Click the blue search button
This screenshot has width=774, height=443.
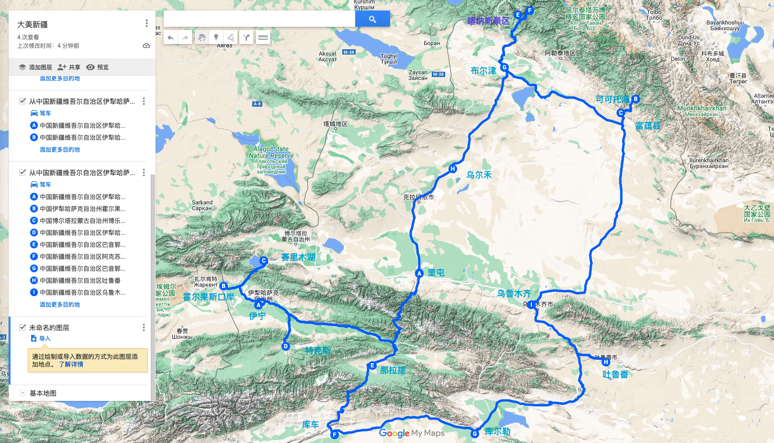[372, 19]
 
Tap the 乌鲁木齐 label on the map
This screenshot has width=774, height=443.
[514, 293]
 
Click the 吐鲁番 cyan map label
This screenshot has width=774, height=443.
[615, 375]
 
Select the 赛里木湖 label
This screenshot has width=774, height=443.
[298, 257]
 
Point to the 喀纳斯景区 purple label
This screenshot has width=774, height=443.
[488, 21]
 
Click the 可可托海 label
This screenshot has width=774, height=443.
[612, 100]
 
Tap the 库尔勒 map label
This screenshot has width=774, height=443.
[497, 432]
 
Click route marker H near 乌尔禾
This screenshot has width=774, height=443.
[453, 169]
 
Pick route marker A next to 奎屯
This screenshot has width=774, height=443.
[419, 274]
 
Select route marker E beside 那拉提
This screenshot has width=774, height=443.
[372, 365]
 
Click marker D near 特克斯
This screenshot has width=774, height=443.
[286, 346]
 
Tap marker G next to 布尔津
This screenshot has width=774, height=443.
[504, 67]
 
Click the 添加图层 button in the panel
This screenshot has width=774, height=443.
[35, 67]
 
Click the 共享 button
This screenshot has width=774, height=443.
[69, 67]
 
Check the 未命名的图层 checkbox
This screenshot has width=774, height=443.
[22, 327]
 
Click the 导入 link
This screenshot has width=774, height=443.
[45, 339]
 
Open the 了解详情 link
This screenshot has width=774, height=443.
[71, 365]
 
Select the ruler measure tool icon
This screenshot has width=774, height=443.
[263, 37]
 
